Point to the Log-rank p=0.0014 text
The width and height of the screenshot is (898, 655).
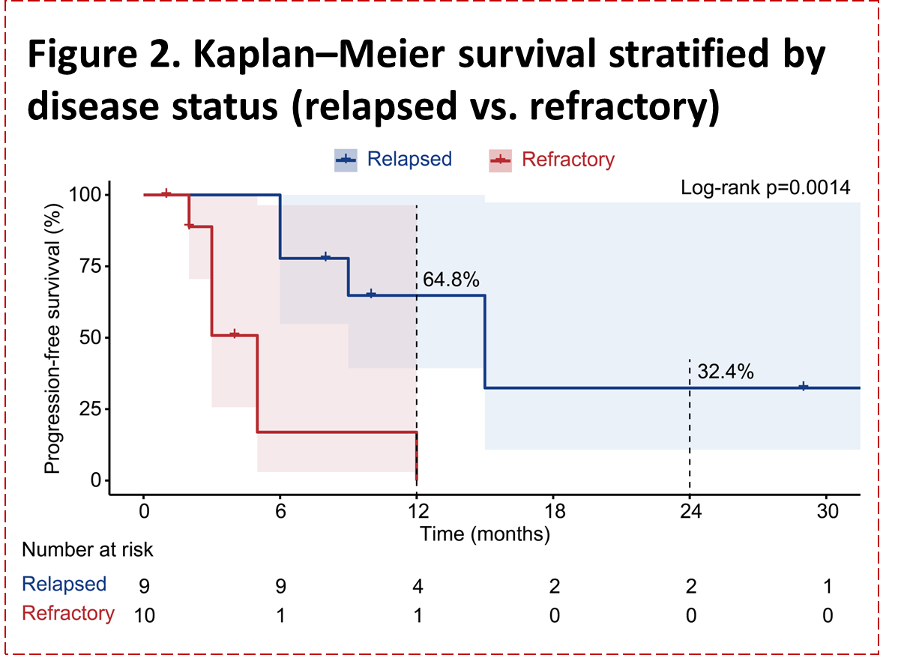click(765, 187)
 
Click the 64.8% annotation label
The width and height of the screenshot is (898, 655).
click(451, 280)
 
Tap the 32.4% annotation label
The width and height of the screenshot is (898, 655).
click(725, 371)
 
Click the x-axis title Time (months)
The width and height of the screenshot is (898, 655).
click(485, 534)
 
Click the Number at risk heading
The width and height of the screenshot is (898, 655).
click(87, 550)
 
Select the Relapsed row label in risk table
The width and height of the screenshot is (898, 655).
click(64, 584)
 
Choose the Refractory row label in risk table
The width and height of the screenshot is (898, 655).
click(68, 613)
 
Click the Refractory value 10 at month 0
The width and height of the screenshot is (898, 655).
click(144, 616)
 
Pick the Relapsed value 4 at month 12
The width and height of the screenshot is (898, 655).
click(418, 586)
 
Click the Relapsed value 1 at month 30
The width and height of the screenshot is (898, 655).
click(827, 586)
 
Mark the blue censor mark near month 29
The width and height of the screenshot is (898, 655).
click(804, 387)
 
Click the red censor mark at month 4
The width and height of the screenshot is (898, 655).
click(234, 334)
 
